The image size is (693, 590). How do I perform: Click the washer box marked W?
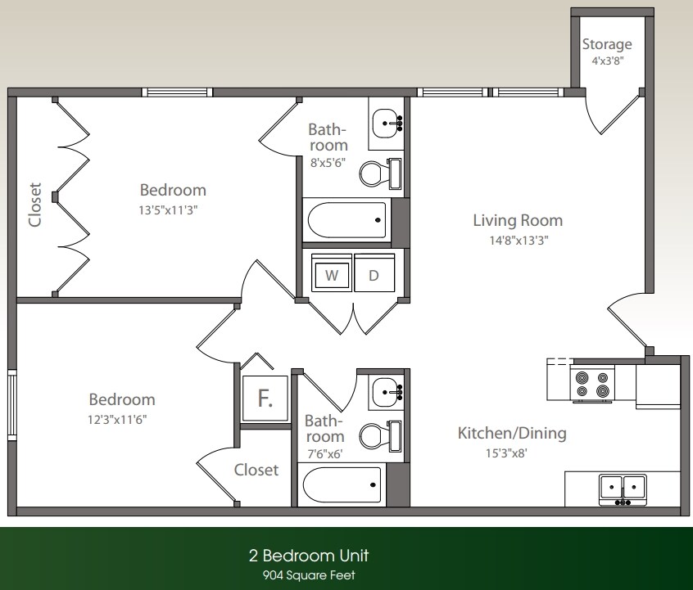coord(332,276)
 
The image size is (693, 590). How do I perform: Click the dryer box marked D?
coord(374,276)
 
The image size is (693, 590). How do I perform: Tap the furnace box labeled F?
coord(265,399)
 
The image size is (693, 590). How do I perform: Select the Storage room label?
coord(607,44)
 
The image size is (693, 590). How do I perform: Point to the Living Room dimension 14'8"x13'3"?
coord(517,241)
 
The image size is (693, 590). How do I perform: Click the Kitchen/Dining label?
coord(511,433)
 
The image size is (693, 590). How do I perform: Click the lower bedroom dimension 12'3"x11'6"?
coord(121,419)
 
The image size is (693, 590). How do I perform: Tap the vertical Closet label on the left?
coord(34,204)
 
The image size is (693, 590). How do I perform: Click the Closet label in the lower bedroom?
coord(256,470)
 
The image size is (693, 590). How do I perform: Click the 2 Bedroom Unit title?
coord(309,556)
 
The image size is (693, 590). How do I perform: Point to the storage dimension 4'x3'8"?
coord(607,61)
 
